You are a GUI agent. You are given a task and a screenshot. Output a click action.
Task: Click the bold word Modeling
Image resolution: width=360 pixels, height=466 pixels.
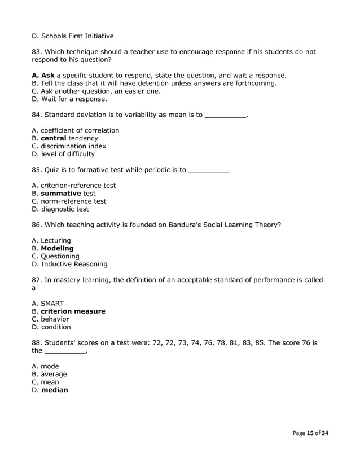[x=57, y=248]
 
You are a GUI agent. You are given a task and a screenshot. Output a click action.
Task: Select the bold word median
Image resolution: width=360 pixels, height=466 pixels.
[x=54, y=390]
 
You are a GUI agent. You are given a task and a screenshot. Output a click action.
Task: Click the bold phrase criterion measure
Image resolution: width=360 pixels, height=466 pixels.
[x=73, y=311]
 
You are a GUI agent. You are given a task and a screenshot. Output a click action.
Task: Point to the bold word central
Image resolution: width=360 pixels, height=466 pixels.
[x=54, y=138]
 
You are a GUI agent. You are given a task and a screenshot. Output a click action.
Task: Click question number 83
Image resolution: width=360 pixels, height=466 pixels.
[x=37, y=52]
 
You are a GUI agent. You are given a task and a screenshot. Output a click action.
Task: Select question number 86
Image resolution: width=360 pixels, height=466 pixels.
[x=37, y=225]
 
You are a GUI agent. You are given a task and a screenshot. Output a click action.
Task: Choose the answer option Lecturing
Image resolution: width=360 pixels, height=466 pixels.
[x=51, y=240]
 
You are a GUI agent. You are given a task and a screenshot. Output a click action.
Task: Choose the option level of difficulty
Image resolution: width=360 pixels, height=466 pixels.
[x=63, y=154]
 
